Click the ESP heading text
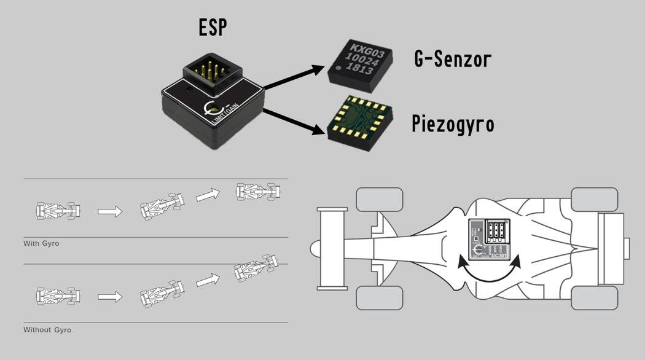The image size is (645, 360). tap(213, 27)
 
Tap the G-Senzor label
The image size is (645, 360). tap(453, 59)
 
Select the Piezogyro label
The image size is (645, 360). tap(453, 123)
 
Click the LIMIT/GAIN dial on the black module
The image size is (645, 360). tap(213, 111)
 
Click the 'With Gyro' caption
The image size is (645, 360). tap(41, 244)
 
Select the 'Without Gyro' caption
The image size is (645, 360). tap(47, 330)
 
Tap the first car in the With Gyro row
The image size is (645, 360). tap(58, 210)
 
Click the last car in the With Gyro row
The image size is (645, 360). tap(259, 192)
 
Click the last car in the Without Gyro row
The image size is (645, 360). tap(255, 268)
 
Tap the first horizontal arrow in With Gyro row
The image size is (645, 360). tap(110, 212)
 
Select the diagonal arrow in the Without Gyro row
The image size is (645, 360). tap(207, 280)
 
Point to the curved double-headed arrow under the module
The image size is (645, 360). tap(489, 272)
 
